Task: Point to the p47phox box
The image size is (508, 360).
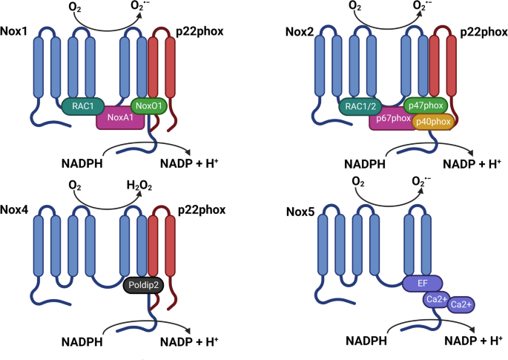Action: [426, 107]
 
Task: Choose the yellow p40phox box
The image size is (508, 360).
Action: [433, 121]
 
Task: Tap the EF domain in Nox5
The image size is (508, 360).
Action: [423, 283]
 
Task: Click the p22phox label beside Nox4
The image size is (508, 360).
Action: [197, 210]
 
